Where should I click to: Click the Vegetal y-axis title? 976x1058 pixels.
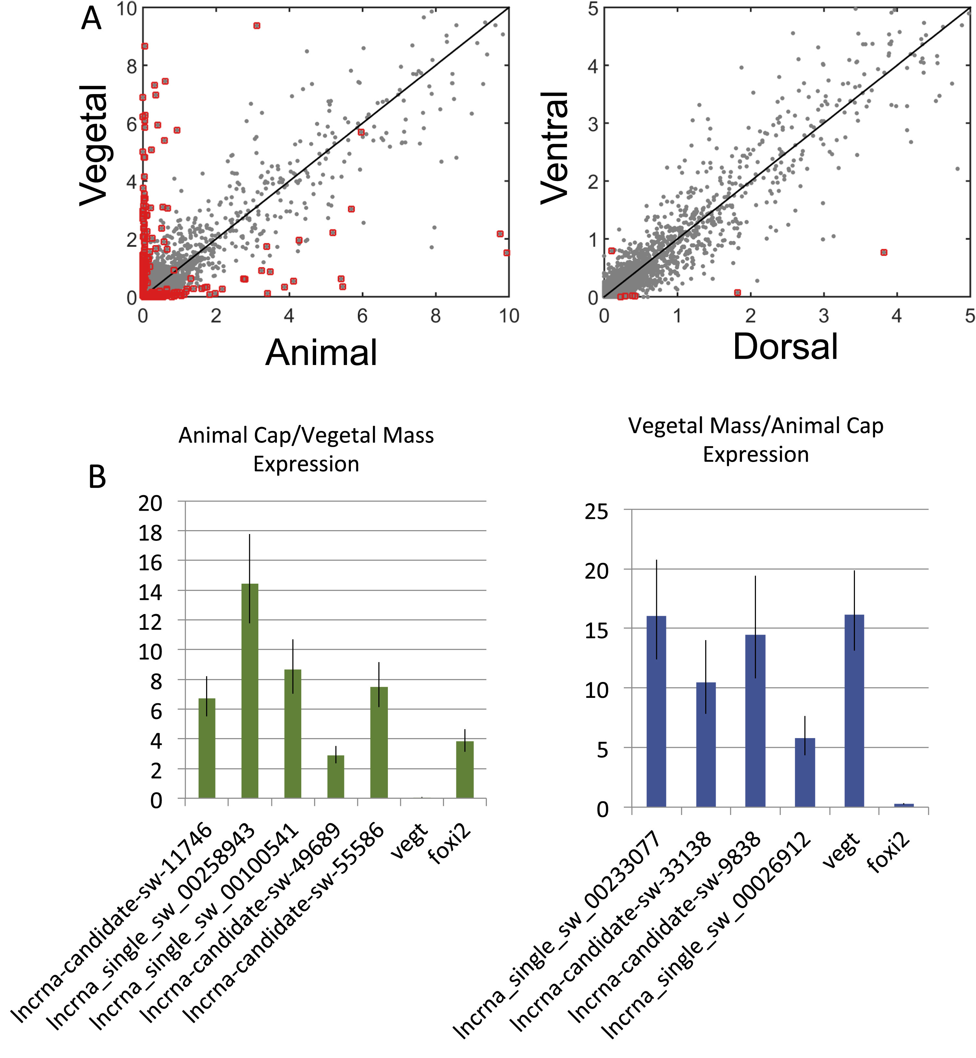click(x=94, y=145)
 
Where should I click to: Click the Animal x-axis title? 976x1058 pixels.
click(x=321, y=353)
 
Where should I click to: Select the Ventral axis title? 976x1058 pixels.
click(x=555, y=148)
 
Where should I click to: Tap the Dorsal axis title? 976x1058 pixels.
click(x=785, y=347)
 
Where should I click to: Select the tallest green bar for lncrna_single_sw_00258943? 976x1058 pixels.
click(x=250, y=692)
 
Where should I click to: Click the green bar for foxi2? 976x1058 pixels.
click(x=465, y=770)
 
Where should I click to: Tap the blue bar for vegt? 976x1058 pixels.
click(x=854, y=711)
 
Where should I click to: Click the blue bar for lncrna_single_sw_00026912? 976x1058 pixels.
click(x=805, y=772)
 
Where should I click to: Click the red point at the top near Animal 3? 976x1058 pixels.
click(x=257, y=25)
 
